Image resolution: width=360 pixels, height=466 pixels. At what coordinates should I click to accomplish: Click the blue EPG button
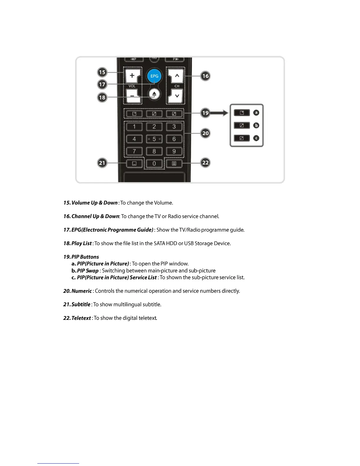pyautogui.click(x=154, y=76)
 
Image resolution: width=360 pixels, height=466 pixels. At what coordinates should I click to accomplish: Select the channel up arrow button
pyautogui.click(x=177, y=76)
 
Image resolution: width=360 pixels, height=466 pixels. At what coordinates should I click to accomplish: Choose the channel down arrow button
pyautogui.click(x=177, y=96)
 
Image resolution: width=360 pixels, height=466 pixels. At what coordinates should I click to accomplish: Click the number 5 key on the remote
pyautogui.click(x=154, y=139)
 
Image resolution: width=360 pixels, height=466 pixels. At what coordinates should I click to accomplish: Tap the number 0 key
pyautogui.click(x=154, y=164)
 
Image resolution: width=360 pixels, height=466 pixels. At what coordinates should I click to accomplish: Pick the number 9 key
pyautogui.click(x=174, y=151)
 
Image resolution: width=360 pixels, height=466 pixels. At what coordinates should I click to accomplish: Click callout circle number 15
pyautogui.click(x=102, y=72)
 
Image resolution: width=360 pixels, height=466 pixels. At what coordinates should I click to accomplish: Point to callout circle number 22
pyautogui.click(x=205, y=162)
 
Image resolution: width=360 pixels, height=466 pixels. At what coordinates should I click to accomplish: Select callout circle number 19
pyautogui.click(x=205, y=113)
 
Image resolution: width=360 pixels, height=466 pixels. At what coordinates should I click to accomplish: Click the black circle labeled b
pyautogui.click(x=256, y=125)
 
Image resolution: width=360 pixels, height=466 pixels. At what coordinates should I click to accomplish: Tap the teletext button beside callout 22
pyautogui.click(x=174, y=164)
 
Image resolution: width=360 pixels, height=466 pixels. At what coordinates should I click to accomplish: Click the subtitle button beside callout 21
pyautogui.click(x=134, y=164)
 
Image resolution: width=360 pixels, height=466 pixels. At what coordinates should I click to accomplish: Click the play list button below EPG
pyautogui.click(x=154, y=94)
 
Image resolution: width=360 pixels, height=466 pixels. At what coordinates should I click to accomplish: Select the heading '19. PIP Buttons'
pyautogui.click(x=81, y=257)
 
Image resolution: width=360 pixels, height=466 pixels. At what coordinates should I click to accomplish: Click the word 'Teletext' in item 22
pyautogui.click(x=81, y=318)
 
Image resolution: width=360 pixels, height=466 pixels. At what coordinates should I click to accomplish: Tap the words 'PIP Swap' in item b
pyautogui.click(x=88, y=271)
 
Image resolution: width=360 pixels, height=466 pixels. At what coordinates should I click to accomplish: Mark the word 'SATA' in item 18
pyautogui.click(x=159, y=244)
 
